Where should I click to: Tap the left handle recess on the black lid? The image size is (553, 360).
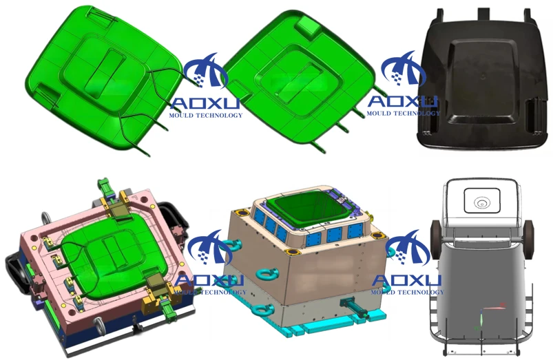[x=428, y=116]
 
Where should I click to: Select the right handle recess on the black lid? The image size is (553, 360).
[x=534, y=116]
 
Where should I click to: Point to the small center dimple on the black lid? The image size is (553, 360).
[x=483, y=75]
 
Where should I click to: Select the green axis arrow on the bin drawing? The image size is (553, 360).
[x=481, y=319]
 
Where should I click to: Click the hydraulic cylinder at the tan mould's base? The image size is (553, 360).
[x=353, y=307]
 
